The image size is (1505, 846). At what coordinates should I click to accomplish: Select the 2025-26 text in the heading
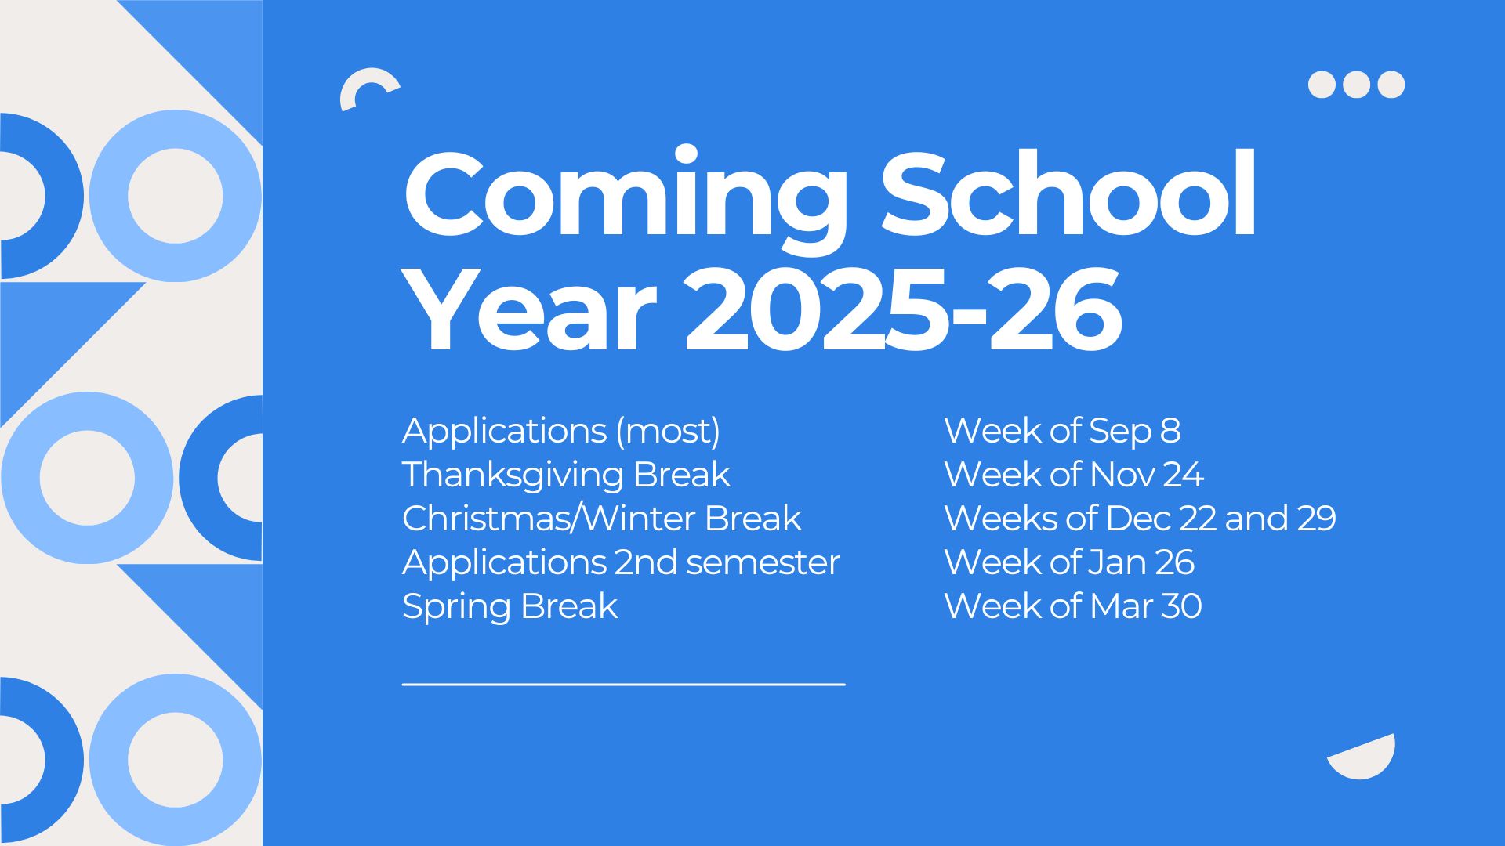904,309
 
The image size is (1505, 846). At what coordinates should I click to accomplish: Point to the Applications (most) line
561,431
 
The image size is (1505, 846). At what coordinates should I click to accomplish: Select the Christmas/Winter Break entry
602,519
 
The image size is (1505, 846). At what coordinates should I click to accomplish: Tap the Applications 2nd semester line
621,562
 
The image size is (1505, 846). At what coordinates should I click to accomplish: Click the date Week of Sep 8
1062,431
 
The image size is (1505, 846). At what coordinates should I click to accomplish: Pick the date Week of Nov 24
1074,475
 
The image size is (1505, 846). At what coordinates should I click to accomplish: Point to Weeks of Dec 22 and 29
1141,519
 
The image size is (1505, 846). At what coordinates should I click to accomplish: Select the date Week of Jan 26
1069,562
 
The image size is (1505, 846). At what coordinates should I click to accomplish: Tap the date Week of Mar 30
1073,606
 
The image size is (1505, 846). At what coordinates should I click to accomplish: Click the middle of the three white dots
1356,85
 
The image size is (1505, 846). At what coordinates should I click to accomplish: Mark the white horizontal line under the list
624,684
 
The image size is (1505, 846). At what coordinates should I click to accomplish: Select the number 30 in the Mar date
1181,606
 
